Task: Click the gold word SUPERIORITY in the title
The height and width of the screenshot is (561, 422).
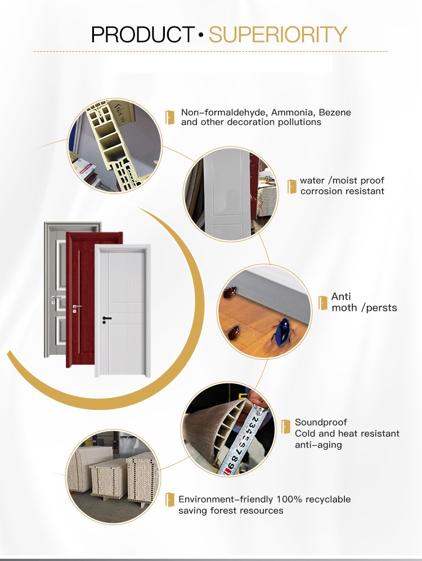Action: (278, 35)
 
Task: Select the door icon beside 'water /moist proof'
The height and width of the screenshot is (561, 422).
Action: (291, 187)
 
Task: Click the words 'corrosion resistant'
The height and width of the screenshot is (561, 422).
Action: (342, 191)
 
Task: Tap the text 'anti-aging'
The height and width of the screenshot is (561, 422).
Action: (318, 445)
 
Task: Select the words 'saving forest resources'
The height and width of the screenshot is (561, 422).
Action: (231, 510)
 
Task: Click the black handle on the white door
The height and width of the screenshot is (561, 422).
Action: (106, 319)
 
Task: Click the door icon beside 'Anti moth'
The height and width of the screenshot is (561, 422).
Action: (322, 302)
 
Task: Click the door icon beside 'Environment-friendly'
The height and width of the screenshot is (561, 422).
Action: (169, 500)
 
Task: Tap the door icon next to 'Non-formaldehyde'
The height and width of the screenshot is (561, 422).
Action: (169, 117)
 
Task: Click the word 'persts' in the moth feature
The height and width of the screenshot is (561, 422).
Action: (381, 307)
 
